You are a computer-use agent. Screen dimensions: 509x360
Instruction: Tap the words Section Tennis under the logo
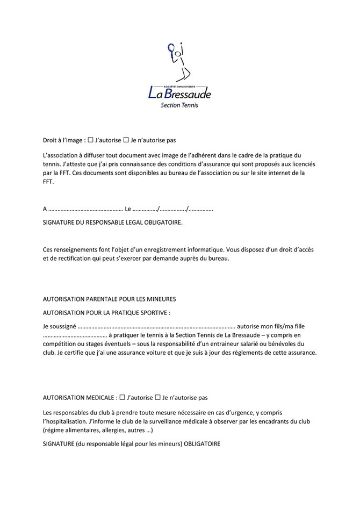[179, 105]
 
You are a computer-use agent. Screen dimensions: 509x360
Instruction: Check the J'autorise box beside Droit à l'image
[90, 140]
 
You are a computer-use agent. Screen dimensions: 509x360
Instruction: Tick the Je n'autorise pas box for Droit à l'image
[126, 140]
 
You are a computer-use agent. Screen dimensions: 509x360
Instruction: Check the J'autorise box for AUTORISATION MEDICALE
[123, 398]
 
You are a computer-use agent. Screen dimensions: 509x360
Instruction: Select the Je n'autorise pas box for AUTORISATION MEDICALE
[157, 398]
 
